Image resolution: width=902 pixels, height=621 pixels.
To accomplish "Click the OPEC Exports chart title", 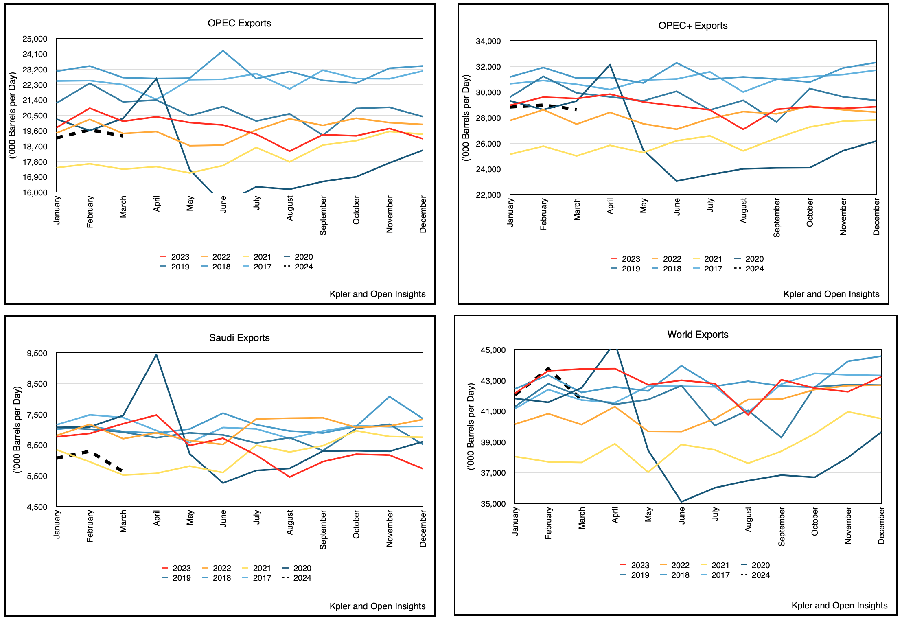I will click(x=239, y=23).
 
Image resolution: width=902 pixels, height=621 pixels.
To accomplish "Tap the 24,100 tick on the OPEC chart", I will click(x=35, y=54).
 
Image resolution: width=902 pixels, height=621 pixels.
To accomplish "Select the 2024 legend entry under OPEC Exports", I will click(x=299, y=267).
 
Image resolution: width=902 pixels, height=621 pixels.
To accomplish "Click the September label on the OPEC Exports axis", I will click(x=323, y=215).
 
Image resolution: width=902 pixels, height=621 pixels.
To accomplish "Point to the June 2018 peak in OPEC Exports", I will click(x=223, y=51).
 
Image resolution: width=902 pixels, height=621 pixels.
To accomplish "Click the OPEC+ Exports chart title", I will click(x=693, y=26).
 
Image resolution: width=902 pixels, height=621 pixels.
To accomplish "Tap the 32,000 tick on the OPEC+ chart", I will click(x=488, y=67).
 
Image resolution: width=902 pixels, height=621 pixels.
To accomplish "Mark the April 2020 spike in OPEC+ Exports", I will click(x=610, y=65).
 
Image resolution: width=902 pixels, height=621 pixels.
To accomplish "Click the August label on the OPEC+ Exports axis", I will click(x=743, y=210).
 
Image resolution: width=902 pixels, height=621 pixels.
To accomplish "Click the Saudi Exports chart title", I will click(x=239, y=338).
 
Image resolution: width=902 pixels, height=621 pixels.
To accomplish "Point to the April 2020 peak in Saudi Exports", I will click(x=156, y=355).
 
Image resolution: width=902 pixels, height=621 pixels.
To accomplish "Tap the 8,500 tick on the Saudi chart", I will click(x=37, y=384).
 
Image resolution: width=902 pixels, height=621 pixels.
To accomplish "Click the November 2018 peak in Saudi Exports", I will click(x=390, y=397).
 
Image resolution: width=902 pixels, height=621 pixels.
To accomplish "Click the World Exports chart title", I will click(x=698, y=335).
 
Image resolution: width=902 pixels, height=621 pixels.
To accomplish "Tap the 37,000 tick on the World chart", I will click(x=493, y=473).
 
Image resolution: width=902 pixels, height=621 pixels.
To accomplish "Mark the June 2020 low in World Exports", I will click(x=681, y=502).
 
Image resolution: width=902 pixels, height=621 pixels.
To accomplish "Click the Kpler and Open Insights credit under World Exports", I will click(x=839, y=605).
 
